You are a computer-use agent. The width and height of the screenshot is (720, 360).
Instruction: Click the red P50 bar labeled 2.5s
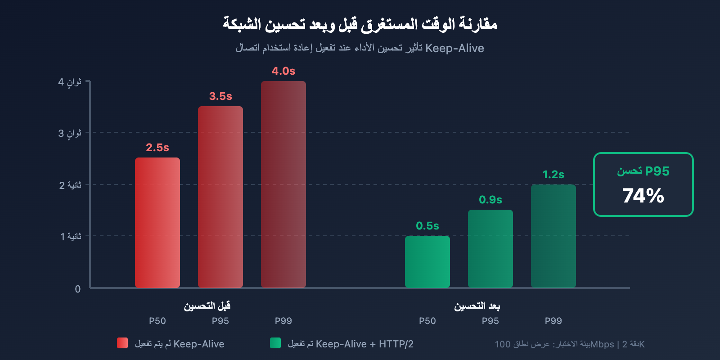(157, 223)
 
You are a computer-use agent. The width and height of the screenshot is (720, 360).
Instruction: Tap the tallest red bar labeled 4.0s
(283, 184)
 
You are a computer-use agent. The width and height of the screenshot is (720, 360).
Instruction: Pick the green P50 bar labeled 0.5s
(427, 262)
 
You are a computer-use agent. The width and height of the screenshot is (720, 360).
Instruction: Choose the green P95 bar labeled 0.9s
(490, 249)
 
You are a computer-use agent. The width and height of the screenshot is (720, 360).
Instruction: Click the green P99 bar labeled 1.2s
(553, 236)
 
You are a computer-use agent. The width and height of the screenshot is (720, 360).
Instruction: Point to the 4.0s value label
(283, 71)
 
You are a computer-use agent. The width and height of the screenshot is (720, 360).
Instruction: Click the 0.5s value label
(427, 226)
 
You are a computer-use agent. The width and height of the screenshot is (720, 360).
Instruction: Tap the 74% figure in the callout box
(643, 196)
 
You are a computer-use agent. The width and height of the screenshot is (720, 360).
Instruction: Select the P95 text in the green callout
(657, 171)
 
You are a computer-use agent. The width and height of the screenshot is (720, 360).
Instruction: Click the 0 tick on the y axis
(78, 289)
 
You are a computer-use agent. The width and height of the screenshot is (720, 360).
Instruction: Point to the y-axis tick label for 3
(70, 133)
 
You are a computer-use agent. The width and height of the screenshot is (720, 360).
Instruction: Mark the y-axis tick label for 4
(70, 82)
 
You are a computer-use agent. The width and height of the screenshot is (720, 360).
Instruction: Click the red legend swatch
(122, 343)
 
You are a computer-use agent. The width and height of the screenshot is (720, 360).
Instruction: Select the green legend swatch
(275, 343)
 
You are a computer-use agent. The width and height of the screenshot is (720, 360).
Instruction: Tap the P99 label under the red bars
(283, 321)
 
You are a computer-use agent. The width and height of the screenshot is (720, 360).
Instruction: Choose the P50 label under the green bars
(427, 321)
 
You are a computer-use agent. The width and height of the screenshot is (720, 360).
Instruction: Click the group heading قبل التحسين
(207, 306)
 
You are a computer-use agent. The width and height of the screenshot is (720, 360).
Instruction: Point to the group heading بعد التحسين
(477, 306)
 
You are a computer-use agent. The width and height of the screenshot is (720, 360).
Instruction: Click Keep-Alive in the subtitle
(454, 48)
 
